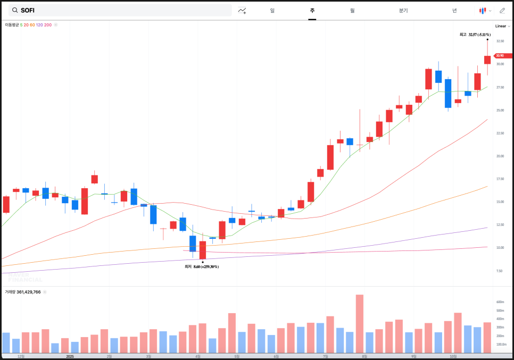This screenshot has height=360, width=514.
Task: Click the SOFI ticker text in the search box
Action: tap(28, 10)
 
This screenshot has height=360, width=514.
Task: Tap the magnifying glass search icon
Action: tap(15, 10)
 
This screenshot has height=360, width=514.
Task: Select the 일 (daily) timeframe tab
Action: tap(272, 10)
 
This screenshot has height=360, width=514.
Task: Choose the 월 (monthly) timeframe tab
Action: tap(352, 10)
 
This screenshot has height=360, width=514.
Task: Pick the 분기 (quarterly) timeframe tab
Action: tap(403, 10)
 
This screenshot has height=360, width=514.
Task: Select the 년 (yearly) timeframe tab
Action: tap(454, 10)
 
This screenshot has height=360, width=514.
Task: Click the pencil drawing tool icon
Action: tap(502, 10)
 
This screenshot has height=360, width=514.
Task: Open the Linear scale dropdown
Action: tap(501, 26)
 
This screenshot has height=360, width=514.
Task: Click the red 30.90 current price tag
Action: tap(501, 56)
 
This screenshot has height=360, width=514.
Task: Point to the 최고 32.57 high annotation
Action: tap(475, 35)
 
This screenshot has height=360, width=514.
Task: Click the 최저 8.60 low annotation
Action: tap(202, 266)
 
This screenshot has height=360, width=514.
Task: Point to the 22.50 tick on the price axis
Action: tap(500, 133)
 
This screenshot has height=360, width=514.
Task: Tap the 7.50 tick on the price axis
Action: tap(500, 271)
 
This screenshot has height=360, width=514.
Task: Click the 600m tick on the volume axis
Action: tap(500, 302)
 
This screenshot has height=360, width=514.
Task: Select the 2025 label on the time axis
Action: tap(70, 356)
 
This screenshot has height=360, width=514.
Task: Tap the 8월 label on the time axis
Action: tap(364, 356)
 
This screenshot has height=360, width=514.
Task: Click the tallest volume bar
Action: tap(360, 324)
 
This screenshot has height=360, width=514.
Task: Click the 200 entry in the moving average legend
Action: tap(48, 25)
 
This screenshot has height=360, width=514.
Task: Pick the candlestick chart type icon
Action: tap(483, 10)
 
